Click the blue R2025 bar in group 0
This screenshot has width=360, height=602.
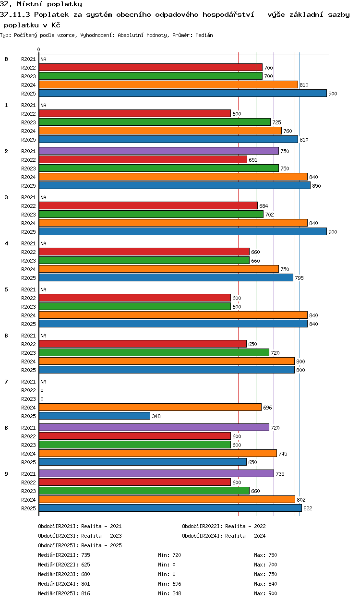tap(182, 94)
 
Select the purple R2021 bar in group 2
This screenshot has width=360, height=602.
tap(158, 151)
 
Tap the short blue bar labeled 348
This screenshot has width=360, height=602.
tap(95, 416)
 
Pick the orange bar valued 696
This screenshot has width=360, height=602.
tap(150, 408)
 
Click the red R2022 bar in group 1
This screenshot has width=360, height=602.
tap(134, 114)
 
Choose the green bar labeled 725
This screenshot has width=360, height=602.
tap(155, 122)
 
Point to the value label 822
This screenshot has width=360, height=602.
tap(308, 508)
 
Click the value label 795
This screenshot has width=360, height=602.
tap(299, 278)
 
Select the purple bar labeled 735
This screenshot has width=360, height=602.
tap(156, 474)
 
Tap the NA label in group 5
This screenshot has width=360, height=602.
tap(43, 289)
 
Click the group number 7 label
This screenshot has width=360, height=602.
tap(6, 382)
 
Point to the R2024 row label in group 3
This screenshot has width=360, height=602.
tap(28, 223)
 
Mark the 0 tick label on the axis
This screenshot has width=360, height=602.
tap(39, 49)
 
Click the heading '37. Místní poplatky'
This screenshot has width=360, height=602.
tap(41, 4)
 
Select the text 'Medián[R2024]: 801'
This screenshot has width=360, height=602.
tap(64, 584)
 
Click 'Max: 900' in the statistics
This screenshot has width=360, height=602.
tap(265, 593)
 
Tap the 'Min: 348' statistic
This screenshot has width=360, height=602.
tap(169, 593)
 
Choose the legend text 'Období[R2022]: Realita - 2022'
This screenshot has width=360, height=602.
tap(224, 526)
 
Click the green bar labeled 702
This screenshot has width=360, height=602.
tap(151, 215)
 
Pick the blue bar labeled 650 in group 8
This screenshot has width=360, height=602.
tap(143, 462)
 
